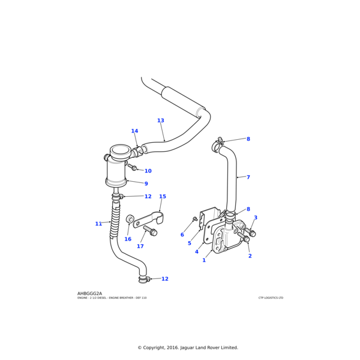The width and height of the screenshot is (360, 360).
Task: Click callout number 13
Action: [160, 121]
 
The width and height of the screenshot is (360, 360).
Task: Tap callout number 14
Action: [134, 131]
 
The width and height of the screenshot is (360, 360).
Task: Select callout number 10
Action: [148, 171]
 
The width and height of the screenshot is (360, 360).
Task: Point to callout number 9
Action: [146, 184]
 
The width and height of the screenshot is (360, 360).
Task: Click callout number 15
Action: [163, 197]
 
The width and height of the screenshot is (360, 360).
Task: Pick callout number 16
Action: [128, 239]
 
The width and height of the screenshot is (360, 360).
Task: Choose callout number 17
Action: [140, 246]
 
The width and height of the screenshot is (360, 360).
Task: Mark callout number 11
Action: [98, 224]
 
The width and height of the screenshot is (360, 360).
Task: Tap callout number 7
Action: [248, 177]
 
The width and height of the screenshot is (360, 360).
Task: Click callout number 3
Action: [256, 218]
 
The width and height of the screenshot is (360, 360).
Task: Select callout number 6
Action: [182, 235]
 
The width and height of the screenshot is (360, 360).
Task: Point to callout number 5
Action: [189, 243]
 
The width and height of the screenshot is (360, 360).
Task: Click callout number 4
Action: [196, 251]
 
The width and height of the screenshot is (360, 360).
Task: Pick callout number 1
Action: [204, 260]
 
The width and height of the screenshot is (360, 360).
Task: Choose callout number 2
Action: [250, 256]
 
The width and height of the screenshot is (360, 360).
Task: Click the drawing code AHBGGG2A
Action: [94, 293]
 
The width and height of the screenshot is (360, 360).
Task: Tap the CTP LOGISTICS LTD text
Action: [271, 298]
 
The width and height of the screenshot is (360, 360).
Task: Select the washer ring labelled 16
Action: [130, 219]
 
